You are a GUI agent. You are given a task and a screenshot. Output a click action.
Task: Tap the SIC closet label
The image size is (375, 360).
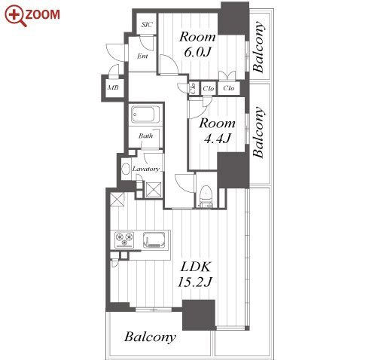tap(147, 25)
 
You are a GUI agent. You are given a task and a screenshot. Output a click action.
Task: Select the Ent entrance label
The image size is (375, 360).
tap(142, 56)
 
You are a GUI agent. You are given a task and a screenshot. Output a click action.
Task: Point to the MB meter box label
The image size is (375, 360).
tap(113, 87)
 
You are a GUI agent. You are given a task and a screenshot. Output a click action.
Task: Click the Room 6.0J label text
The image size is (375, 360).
tap(197, 44)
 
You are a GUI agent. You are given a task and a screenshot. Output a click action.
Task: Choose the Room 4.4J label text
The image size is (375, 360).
tap(218, 130)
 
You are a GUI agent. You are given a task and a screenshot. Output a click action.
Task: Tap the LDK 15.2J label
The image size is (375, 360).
tap(195, 274)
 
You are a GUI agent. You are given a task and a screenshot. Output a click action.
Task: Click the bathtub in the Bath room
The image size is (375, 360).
tap(145, 114)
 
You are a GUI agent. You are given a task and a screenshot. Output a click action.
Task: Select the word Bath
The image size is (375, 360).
tap(146, 136)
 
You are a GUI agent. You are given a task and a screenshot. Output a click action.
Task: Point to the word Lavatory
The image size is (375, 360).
tap(146, 169)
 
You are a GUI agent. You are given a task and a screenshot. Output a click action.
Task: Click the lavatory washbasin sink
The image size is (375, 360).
tap(126, 169)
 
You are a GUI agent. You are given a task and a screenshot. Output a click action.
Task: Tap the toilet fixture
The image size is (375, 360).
tap(206, 196)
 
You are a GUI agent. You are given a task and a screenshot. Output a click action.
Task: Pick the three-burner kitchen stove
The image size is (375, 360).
tap(124, 239)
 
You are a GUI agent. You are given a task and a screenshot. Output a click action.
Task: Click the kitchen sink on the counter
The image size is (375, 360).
tap(154, 239)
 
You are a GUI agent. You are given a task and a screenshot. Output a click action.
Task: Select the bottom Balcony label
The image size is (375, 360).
tap(150, 337)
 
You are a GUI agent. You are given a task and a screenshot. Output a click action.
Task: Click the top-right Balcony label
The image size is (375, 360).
tap(258, 47)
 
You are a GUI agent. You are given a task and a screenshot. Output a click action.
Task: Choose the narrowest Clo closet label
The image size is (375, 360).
tap(194, 88)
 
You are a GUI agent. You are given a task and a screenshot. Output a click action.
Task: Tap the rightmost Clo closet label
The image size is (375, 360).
tap(229, 88)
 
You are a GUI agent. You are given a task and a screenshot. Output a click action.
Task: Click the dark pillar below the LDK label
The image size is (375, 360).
tap(199, 316)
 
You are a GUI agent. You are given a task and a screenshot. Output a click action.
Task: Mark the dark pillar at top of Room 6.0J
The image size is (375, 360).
tap(234, 18)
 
